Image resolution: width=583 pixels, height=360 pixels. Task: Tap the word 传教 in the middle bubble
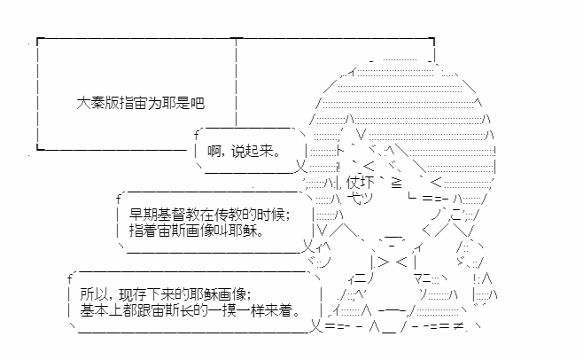pyautogui.click(x=221, y=213)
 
